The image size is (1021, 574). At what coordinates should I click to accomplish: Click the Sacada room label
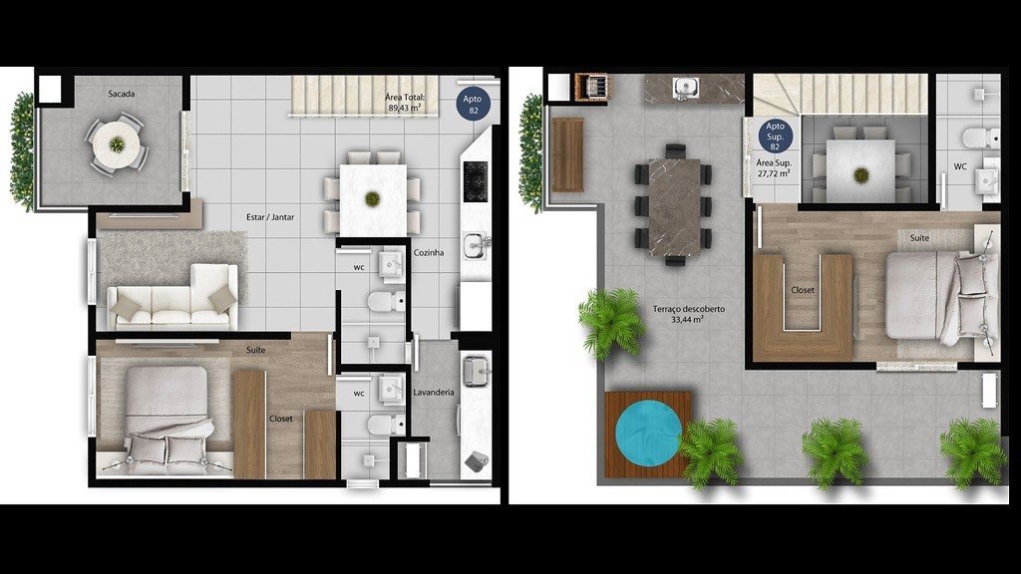(121, 94)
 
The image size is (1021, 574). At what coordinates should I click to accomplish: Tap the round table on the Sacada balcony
(117, 144)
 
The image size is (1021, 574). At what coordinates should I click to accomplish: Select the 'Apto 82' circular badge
(472, 104)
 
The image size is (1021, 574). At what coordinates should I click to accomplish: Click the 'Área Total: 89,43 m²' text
(405, 103)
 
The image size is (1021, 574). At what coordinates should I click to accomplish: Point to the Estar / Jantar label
(270, 217)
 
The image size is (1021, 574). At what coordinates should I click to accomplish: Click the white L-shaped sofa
(173, 297)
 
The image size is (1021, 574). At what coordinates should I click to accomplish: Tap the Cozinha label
(429, 252)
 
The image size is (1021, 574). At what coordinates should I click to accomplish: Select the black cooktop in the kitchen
(476, 181)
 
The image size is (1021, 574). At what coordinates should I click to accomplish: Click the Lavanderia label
(434, 393)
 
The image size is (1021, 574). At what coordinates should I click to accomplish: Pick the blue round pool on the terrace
(648, 433)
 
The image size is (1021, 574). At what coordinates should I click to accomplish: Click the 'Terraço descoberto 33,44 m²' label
(688, 314)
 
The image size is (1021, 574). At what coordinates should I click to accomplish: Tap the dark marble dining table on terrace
(674, 206)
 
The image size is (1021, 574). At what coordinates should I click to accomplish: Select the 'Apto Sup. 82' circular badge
(775, 136)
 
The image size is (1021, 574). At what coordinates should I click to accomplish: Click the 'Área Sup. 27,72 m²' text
(774, 168)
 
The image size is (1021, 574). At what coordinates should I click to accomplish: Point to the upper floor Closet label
(803, 290)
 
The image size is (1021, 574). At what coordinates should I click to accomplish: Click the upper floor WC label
(960, 166)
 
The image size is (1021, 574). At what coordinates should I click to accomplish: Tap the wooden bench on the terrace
(567, 154)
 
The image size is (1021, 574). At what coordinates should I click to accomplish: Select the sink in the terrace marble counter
(686, 86)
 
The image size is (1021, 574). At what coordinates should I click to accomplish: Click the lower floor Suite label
(256, 350)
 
